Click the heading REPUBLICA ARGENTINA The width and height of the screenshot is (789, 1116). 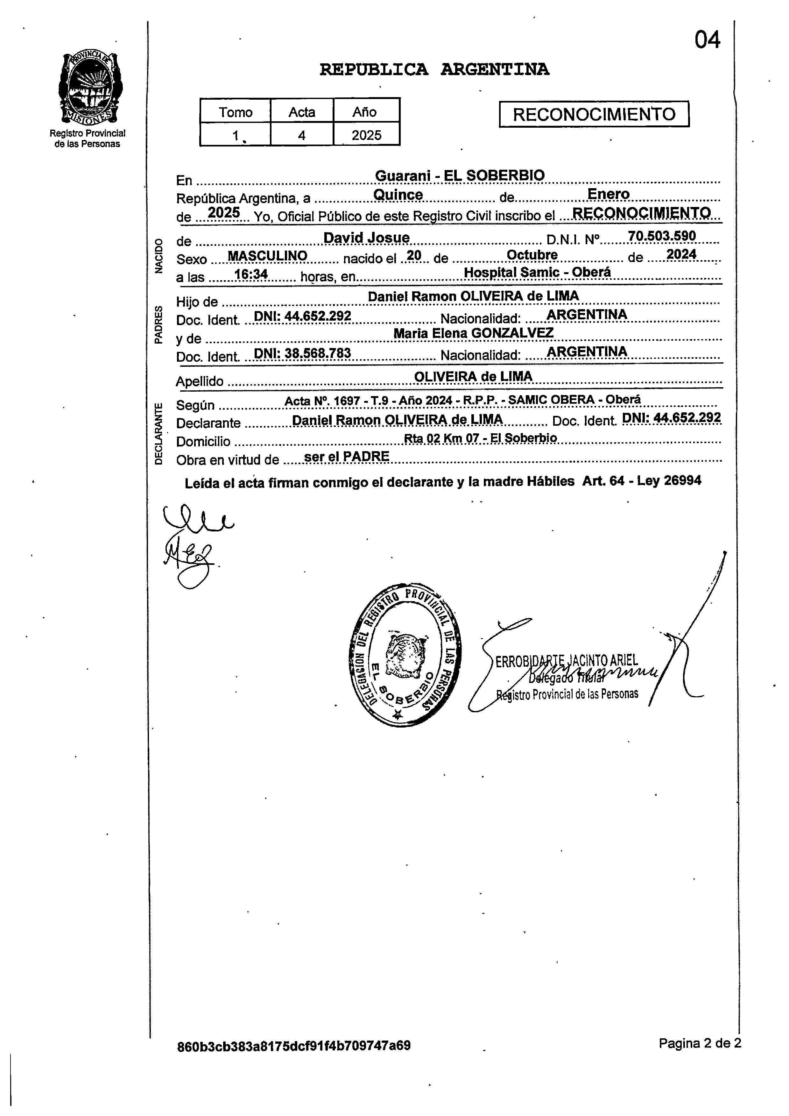(x=434, y=69)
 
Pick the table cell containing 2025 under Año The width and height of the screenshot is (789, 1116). (x=366, y=135)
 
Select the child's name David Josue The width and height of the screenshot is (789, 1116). (x=366, y=238)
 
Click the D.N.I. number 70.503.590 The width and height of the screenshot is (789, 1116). (x=662, y=236)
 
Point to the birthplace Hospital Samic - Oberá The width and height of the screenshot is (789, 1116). (x=537, y=272)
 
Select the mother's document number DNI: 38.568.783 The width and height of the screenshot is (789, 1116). (x=302, y=353)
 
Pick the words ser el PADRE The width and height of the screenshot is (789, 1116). (x=346, y=456)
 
